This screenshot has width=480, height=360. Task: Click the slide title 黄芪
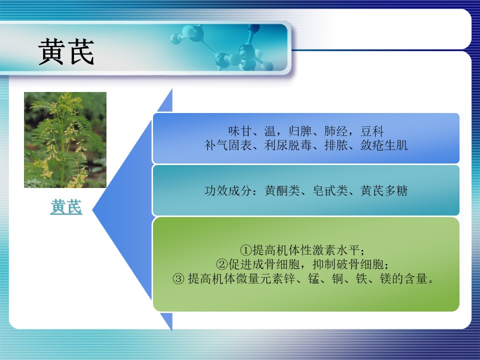point(66,51)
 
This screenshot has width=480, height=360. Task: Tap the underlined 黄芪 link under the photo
point(66,206)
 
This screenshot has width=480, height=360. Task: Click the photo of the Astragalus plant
point(65,140)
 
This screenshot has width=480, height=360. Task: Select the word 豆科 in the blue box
point(372,131)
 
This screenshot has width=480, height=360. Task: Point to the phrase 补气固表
point(228,145)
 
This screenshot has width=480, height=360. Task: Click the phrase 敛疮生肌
point(384,145)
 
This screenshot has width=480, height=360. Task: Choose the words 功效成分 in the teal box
point(228,190)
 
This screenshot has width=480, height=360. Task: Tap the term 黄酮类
point(282,190)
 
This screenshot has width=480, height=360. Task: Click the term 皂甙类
point(330,190)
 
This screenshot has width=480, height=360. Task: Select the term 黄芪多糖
point(384,190)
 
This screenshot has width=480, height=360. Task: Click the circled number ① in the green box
point(246,250)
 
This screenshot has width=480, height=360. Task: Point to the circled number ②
point(222,264)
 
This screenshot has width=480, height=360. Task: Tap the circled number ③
point(178,279)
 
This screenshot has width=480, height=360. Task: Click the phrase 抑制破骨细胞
point(348,264)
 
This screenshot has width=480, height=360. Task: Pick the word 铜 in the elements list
point(337,279)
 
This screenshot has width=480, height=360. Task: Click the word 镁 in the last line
point(385,279)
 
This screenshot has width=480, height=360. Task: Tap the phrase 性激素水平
point(330,250)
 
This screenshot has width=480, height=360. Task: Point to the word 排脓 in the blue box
point(336,145)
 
